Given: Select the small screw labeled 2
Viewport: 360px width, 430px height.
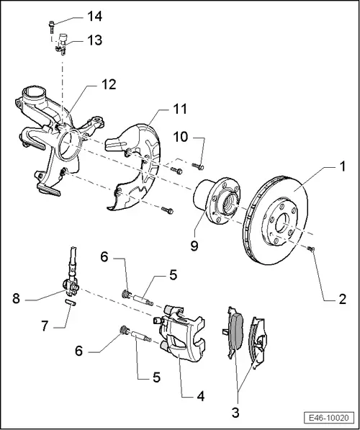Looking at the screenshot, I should pos(311,248).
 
